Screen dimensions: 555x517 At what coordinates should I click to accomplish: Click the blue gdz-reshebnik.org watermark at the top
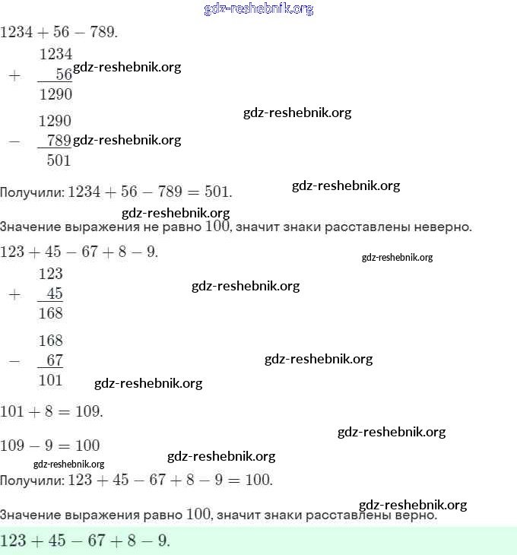258,9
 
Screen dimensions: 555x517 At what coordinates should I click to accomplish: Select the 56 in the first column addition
64,74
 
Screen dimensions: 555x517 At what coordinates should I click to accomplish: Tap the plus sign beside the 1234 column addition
13,75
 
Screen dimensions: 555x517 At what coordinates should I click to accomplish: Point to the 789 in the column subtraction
59,141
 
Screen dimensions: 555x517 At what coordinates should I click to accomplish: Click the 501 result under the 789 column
59,160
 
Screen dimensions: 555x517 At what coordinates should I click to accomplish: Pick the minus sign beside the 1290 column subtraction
13,141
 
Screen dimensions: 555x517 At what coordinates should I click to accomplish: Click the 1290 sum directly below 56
56,94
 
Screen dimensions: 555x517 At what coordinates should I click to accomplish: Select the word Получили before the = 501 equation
31,192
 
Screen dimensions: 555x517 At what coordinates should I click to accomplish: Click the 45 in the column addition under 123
55,294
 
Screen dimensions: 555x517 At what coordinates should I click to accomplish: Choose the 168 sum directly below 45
50,313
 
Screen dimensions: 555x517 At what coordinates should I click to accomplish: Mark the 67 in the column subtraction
55,360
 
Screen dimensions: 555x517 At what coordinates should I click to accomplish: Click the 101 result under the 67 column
50,380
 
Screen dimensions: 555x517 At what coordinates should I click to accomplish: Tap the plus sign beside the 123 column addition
13,295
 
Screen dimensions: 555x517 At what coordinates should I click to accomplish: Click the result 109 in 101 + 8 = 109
88,412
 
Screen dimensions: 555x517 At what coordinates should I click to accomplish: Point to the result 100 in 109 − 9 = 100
87,446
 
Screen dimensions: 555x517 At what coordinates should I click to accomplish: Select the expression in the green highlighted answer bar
85,541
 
